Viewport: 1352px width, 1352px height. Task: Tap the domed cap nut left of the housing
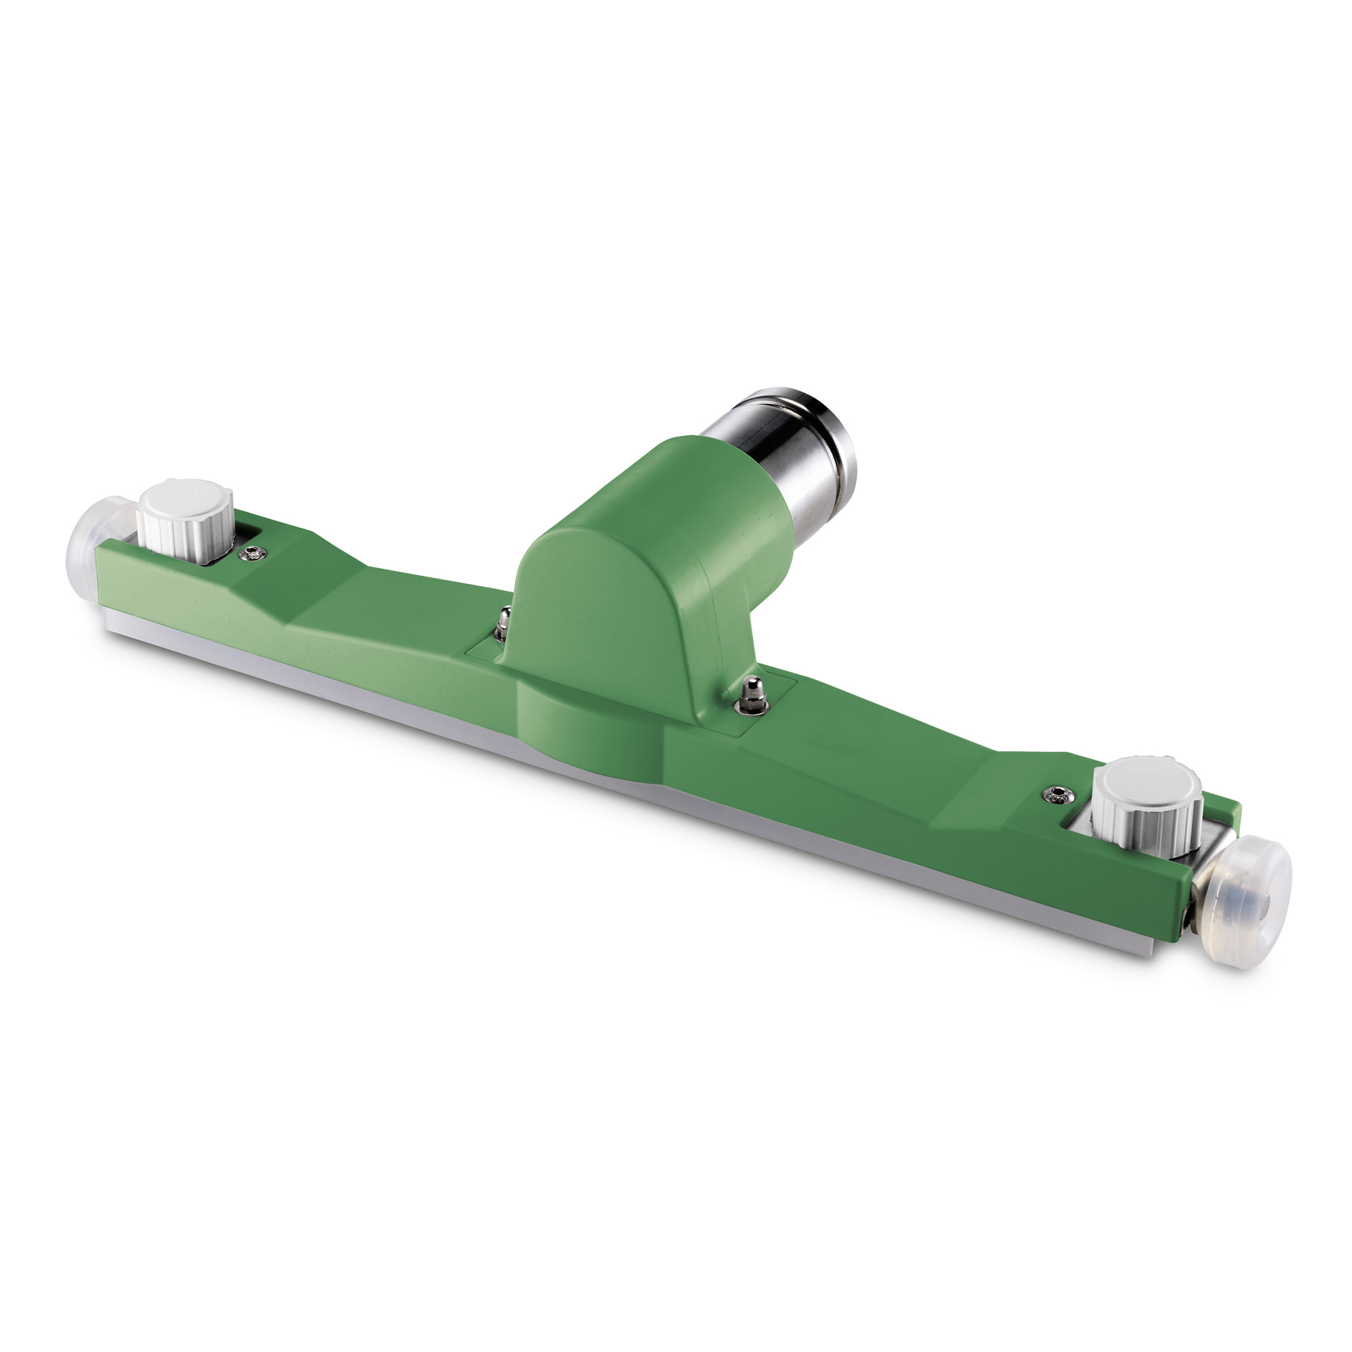502,619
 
